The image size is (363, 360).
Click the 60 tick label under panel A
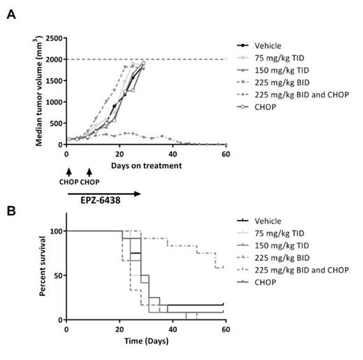[225, 154]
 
